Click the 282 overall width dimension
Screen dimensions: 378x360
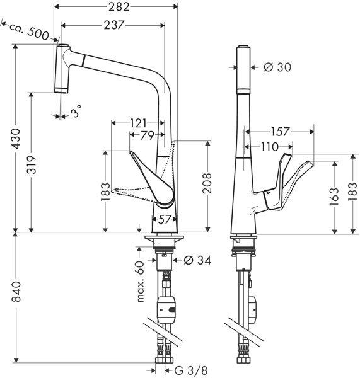click(119, 8)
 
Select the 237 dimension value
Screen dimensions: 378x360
click(112, 25)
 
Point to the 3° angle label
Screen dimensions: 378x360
click(76, 113)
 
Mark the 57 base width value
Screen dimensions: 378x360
click(163, 220)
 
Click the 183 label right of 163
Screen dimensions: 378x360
click(354, 192)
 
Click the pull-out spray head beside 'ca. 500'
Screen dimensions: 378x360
click(61, 68)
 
